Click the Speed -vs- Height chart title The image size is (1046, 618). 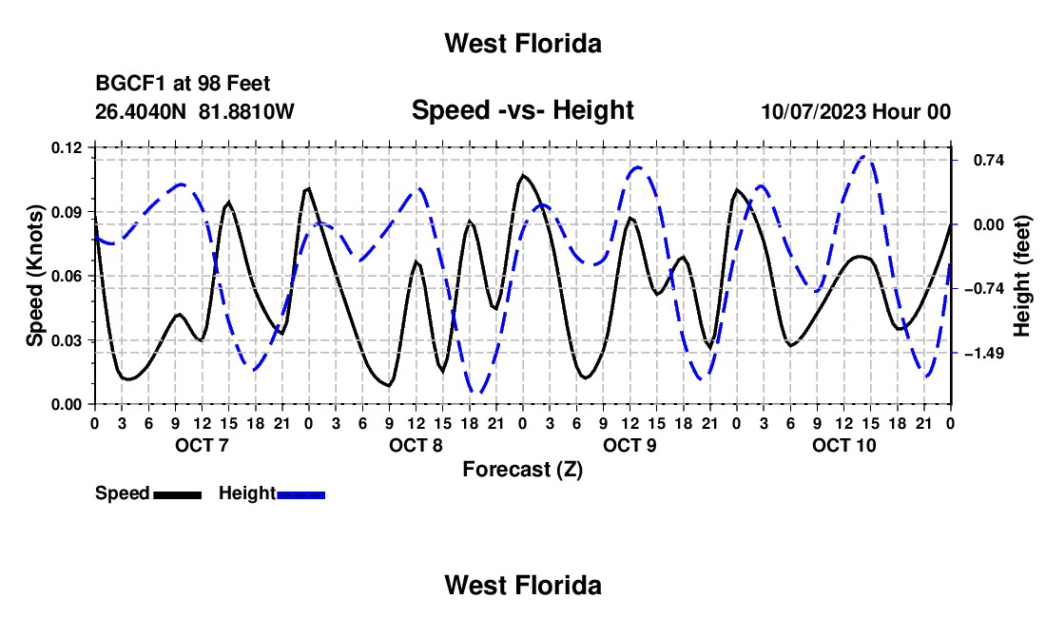coord(522,110)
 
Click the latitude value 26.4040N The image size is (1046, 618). coord(140,111)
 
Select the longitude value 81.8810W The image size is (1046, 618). coord(246,111)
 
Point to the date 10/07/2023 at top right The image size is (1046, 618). coord(813,111)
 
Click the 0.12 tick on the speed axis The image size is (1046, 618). coord(66,148)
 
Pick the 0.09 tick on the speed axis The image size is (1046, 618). coord(66,212)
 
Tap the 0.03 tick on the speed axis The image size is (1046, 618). coord(66,340)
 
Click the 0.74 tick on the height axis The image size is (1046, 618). coord(989,160)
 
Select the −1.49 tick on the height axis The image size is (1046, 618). coord(984,353)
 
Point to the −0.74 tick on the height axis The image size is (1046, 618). coord(984,289)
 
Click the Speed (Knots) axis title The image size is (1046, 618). coord(34,276)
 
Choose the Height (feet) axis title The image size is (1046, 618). coord(1021,276)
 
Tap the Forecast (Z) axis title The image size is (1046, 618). coord(522,470)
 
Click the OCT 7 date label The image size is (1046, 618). coord(202,445)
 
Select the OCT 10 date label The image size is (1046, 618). coord(843,445)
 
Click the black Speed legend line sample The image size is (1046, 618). coord(178,494)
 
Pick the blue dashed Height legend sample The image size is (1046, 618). coord(300,494)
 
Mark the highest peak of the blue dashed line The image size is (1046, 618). coord(864,157)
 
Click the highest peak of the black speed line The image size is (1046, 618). coord(523,175)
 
